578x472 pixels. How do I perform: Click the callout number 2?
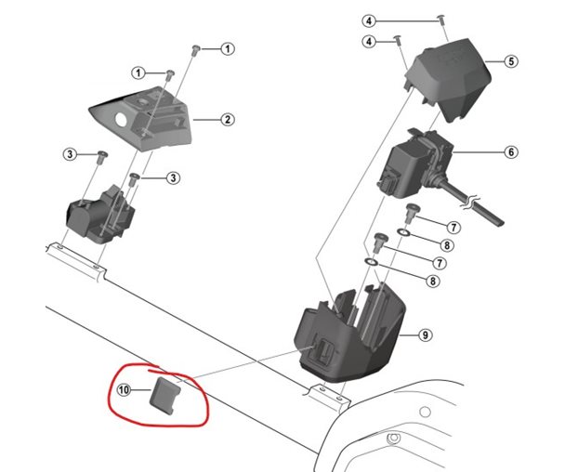click(226, 119)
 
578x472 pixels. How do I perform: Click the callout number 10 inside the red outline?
click(124, 389)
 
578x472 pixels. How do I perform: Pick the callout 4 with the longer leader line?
click(369, 20)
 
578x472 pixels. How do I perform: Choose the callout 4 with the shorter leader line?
click(369, 42)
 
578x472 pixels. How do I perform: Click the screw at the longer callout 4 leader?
click(440, 20)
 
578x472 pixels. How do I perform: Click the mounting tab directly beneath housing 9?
click(326, 397)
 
